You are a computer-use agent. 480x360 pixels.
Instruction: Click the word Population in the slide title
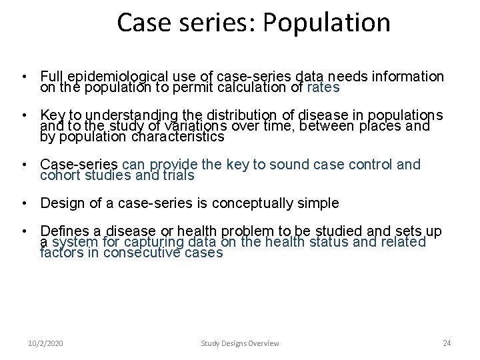pos(326,22)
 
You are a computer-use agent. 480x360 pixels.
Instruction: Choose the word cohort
pos(61,175)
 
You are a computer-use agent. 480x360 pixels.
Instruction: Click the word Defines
pos(64,231)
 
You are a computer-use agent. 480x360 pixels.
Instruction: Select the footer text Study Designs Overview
pos(240,343)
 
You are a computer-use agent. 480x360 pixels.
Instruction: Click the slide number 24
pos(447,343)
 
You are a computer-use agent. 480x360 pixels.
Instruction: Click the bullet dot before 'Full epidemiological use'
pos(23,77)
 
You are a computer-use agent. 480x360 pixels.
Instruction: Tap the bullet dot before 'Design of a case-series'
pos(23,203)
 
